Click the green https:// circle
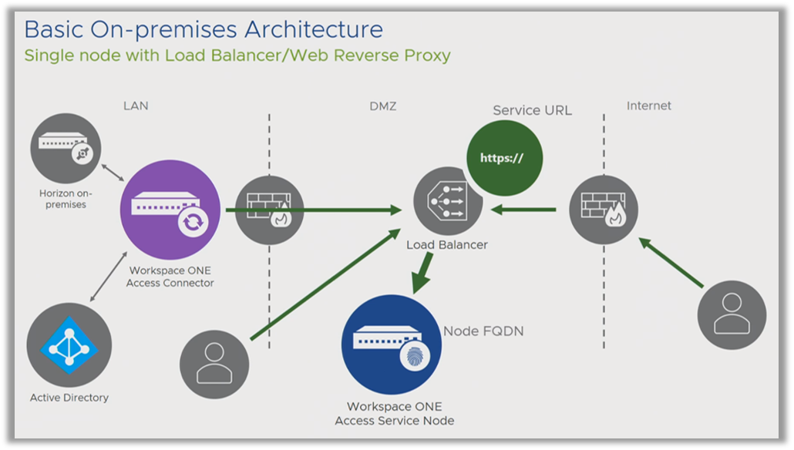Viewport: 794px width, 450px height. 504,158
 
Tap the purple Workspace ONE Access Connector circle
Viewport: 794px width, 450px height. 170,210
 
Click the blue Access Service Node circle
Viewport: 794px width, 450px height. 392,344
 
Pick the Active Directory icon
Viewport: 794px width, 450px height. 69,345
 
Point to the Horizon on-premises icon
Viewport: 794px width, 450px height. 66,148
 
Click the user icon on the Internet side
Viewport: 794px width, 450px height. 732,315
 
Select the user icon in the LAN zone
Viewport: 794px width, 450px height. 214,364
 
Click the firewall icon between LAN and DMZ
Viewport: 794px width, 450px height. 269,210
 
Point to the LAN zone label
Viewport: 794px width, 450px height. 136,106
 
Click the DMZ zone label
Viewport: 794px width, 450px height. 383,106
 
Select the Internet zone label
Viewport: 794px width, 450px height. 648,106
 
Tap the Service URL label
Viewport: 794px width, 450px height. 532,110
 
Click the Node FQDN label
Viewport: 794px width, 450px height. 483,331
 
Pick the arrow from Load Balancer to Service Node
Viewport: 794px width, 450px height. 423,273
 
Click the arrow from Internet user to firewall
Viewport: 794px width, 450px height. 671,263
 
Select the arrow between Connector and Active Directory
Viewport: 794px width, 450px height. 109,277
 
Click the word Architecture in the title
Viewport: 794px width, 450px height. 314,29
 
